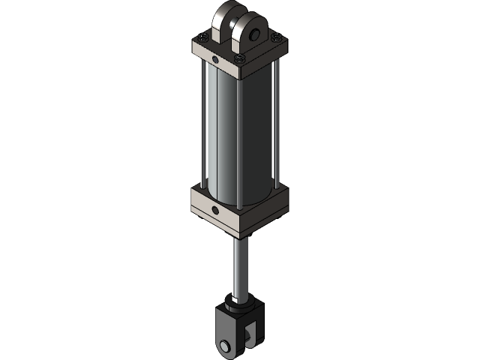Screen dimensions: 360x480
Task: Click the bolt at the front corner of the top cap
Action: pos(239,60)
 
